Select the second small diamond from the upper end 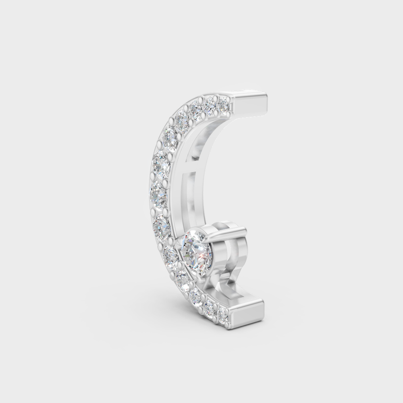coord(210,106)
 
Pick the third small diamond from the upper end coord(196,110)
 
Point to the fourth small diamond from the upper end coord(182,119)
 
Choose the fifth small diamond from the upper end coord(171,138)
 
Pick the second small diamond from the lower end coord(210,308)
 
